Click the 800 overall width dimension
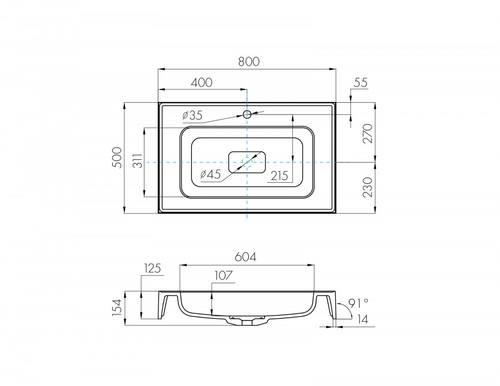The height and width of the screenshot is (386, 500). [x=249, y=62]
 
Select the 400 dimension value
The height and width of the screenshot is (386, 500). [x=202, y=82]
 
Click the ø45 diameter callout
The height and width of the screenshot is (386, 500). [x=211, y=174]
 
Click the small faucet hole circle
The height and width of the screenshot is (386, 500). [x=247, y=114]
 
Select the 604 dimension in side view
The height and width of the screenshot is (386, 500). [x=246, y=257]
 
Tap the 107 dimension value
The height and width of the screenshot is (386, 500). [x=221, y=275]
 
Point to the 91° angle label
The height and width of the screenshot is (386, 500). [x=358, y=303]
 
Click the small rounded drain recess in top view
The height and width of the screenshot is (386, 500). [x=247, y=162]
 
